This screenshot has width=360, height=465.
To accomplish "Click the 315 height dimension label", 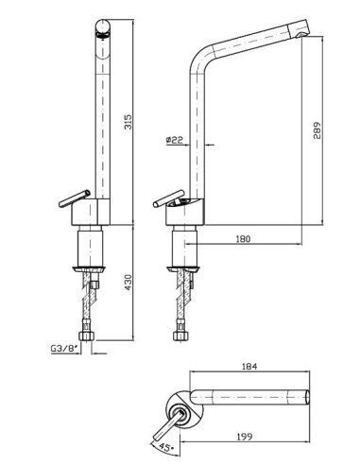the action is tap(129, 122).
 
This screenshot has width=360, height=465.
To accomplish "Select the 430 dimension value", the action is tap(129, 283).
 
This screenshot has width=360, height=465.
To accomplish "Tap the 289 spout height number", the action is tap(317, 130).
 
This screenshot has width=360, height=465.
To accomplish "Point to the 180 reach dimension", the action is tap(243, 239).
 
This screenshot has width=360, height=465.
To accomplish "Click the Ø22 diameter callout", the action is tap(175, 140).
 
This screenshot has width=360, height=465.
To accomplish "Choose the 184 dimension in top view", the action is tap(249, 367).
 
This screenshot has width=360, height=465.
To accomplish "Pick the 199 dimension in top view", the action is tap(245, 437).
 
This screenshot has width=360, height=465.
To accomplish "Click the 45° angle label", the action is tap(167, 447).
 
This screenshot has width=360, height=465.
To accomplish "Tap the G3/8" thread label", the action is tap(64, 349).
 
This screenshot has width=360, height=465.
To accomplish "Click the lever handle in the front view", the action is tap(75, 198).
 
